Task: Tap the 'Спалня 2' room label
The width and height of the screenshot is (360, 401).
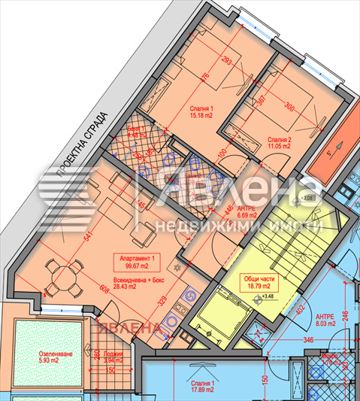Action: click(x=280, y=143)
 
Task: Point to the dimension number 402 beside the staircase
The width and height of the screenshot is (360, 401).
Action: click(x=300, y=310)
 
